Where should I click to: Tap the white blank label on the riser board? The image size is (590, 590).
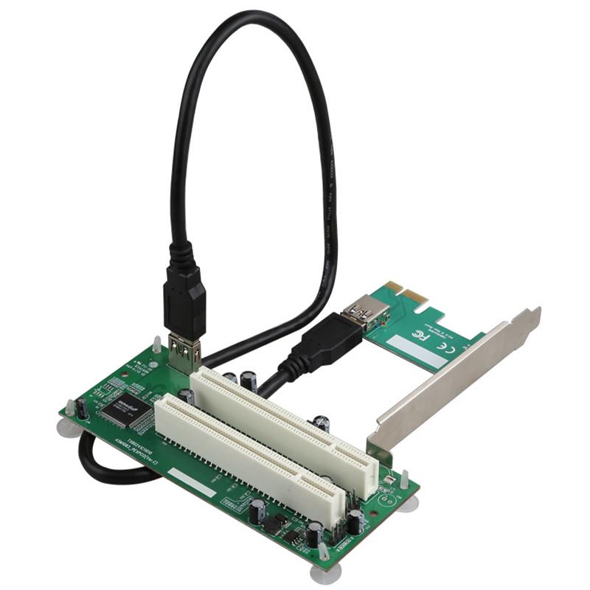(191, 481)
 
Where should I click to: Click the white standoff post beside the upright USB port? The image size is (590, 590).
(157, 345)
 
